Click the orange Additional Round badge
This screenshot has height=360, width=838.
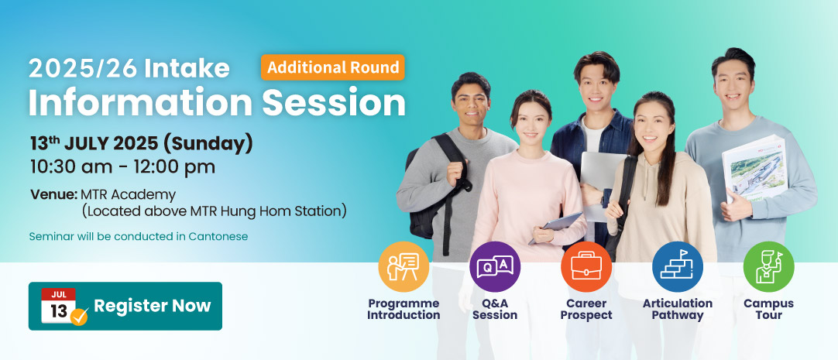[332, 67]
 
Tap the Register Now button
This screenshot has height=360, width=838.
[125, 306]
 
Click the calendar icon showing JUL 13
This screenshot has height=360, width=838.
[63, 307]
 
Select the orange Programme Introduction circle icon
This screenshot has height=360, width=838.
[404, 266]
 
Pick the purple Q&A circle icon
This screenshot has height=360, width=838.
[495, 266]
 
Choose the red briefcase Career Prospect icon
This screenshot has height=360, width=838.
[586, 266]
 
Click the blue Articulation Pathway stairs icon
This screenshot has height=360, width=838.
[678, 266]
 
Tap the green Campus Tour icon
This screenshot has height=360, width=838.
[768, 266]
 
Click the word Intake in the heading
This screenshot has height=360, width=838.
[187, 68]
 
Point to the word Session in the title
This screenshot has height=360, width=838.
[334, 102]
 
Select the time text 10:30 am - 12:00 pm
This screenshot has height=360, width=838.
[122, 166]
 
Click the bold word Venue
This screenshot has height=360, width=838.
[54, 194]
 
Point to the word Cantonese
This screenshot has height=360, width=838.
[218, 236]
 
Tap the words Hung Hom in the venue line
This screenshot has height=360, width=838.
[259, 211]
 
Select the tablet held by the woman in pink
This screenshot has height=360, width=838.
[556, 228]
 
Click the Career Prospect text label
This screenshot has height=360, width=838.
[586, 309]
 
